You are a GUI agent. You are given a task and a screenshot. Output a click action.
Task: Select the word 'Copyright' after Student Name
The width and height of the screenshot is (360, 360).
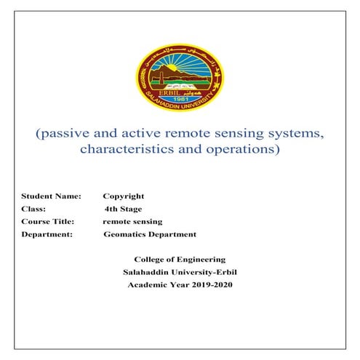(124, 196)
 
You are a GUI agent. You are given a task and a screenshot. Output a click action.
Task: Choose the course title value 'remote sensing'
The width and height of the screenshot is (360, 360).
(132, 221)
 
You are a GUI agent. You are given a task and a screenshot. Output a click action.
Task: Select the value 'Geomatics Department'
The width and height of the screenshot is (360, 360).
(150, 234)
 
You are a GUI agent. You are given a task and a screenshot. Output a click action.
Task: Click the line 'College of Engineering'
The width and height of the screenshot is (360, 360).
(180, 260)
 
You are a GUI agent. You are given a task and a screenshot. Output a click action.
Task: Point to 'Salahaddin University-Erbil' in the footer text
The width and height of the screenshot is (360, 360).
(180, 272)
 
